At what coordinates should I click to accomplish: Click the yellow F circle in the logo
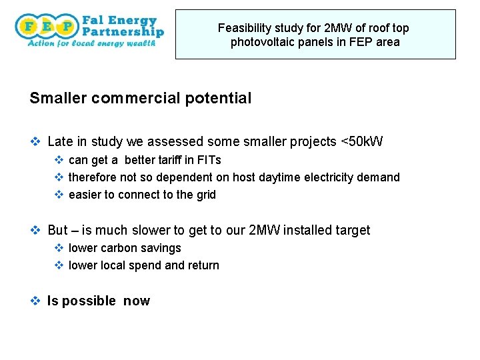pyautogui.click(x=29, y=27)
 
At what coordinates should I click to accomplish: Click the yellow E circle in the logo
pyautogui.click(x=47, y=27)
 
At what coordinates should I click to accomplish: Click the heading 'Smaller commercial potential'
pyautogui.click(x=141, y=99)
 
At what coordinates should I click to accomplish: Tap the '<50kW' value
pyautogui.click(x=362, y=141)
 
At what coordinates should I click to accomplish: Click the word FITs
pyautogui.click(x=209, y=160)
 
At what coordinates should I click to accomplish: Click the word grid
pyautogui.click(x=205, y=195)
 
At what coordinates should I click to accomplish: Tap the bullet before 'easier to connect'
pyautogui.click(x=58, y=195)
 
